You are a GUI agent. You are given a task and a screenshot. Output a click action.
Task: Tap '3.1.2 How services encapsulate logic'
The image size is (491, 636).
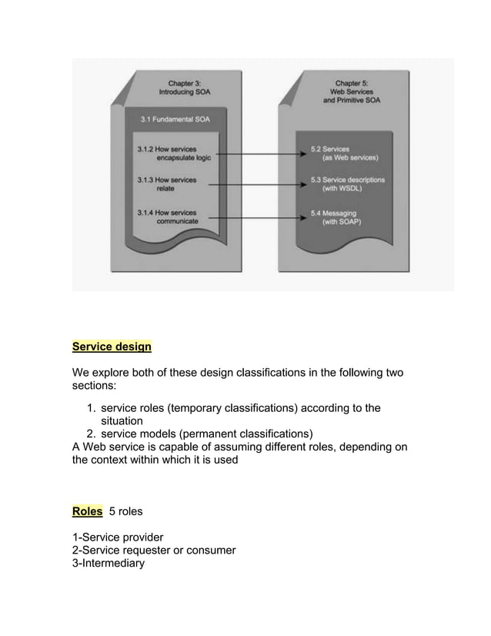[173, 152]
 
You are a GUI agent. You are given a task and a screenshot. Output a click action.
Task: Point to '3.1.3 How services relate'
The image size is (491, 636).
[166, 184]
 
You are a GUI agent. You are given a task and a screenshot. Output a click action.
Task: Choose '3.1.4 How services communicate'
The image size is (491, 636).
[167, 216]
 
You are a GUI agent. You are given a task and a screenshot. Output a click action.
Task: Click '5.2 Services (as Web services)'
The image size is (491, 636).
[344, 152]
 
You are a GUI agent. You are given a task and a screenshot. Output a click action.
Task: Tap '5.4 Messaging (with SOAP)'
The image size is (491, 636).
[340, 216]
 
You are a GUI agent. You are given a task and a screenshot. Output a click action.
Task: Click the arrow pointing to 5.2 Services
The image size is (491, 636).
[258, 154]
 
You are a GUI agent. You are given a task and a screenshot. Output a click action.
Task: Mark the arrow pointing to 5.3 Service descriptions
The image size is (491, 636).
[258, 185]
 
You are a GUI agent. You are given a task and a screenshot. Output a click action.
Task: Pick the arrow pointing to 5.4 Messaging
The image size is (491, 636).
[258, 217]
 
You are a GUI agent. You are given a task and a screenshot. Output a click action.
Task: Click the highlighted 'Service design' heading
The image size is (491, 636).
[112, 346]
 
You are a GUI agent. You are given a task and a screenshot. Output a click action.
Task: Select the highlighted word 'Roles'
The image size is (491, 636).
[87, 510]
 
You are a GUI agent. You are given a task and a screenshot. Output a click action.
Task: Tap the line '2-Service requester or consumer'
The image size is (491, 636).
[153, 550]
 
